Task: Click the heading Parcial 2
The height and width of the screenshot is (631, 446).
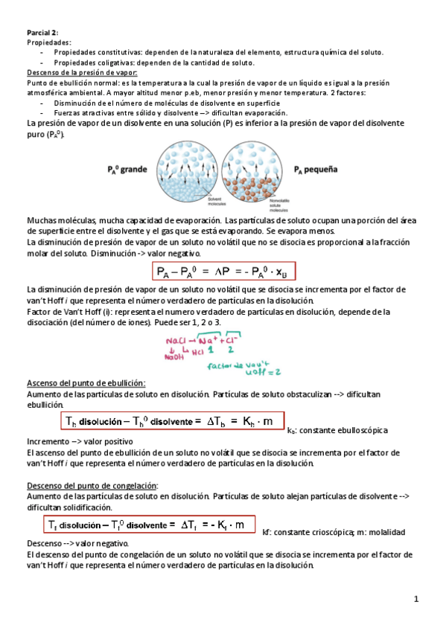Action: pyautogui.click(x=42, y=32)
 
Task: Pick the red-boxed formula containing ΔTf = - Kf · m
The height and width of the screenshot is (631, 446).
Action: pyautogui.click(x=147, y=526)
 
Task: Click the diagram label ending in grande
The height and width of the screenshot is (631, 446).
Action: pyautogui.click(x=127, y=169)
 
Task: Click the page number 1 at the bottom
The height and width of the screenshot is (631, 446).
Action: pyautogui.click(x=418, y=599)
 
